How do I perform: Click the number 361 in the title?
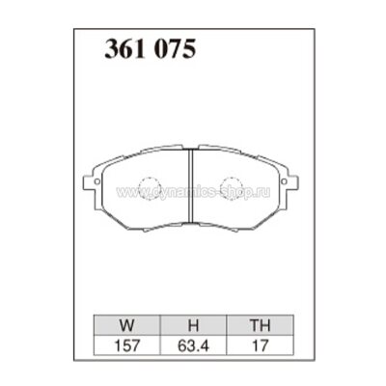[123, 50]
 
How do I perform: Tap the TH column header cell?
[257, 326]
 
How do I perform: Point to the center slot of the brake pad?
[191, 189]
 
